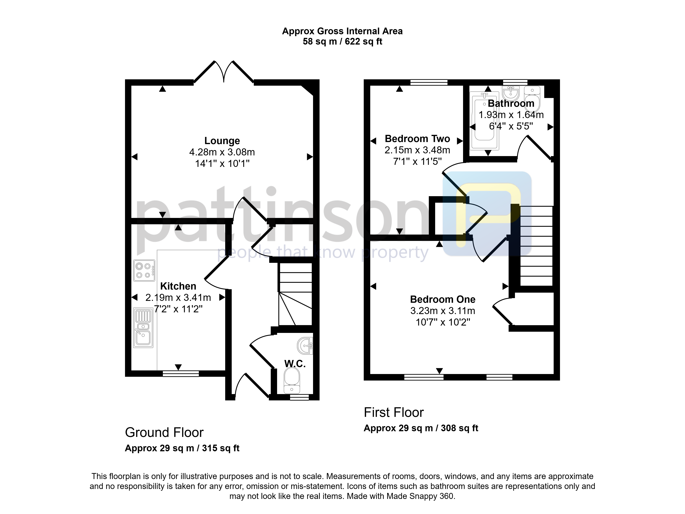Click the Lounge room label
[222, 141]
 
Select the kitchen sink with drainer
[143, 327]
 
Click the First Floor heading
[394, 412]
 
